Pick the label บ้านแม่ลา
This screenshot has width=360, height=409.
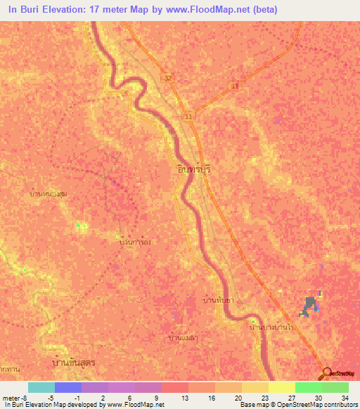click(186, 338)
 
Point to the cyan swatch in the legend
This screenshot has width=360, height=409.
click(41, 387)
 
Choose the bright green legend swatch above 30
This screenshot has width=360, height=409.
click(308, 387)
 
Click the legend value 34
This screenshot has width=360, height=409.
click(344, 397)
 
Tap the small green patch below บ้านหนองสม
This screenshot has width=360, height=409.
click(81, 226)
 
